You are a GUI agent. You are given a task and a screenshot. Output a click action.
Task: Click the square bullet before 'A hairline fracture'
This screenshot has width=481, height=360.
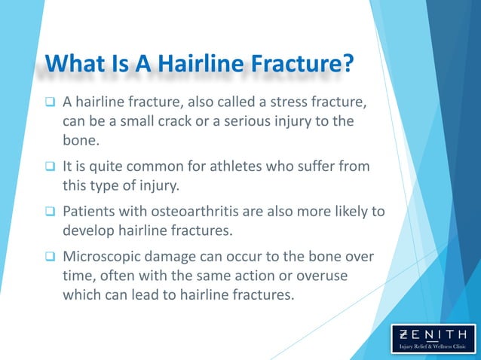50,102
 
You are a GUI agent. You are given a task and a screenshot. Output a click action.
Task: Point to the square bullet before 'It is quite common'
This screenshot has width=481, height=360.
50,166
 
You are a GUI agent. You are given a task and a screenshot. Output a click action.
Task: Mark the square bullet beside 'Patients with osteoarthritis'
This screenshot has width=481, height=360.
50,211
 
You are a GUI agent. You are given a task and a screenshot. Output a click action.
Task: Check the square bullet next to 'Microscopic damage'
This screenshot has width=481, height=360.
50,257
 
